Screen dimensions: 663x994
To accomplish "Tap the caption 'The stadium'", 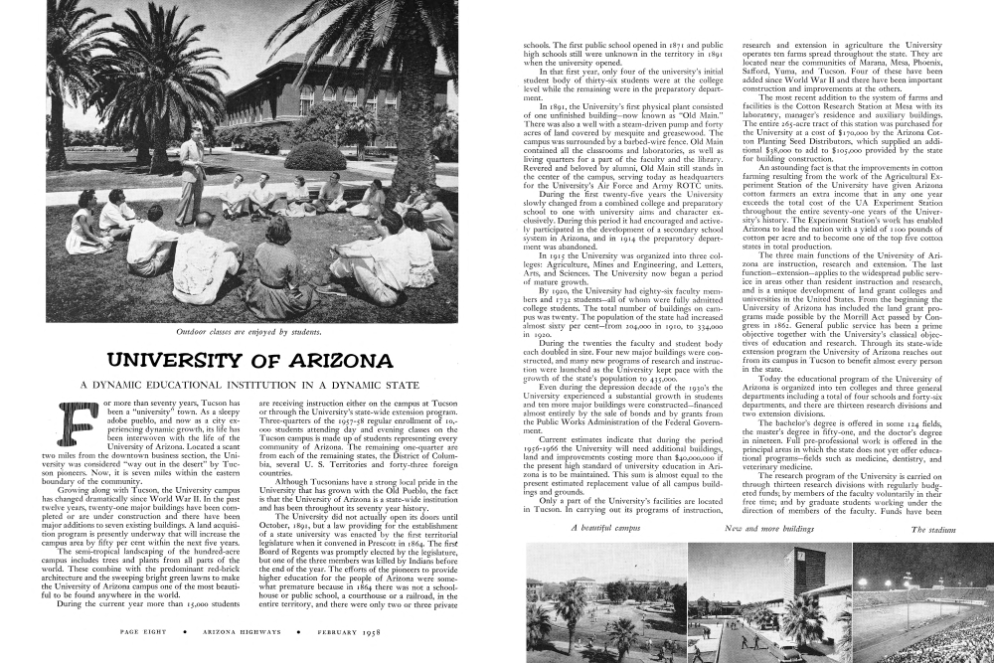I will [933, 530].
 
